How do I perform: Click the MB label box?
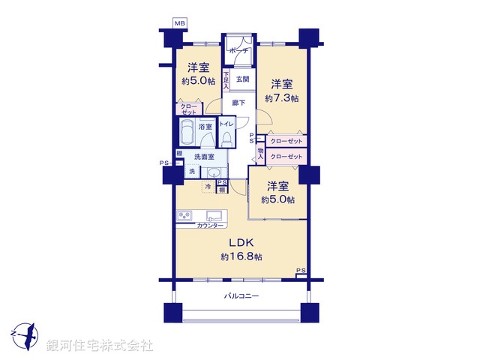(180, 24)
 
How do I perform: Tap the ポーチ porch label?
(239, 51)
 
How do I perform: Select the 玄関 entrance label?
(241, 79)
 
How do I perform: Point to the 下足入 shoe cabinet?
(226, 79)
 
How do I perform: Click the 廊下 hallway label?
(238, 103)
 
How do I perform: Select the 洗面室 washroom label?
(204, 157)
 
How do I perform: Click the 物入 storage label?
(260, 154)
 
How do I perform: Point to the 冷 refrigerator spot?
(207, 187)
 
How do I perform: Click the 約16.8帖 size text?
(241, 256)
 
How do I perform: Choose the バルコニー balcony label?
(241, 296)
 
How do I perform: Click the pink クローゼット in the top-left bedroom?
(188, 109)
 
